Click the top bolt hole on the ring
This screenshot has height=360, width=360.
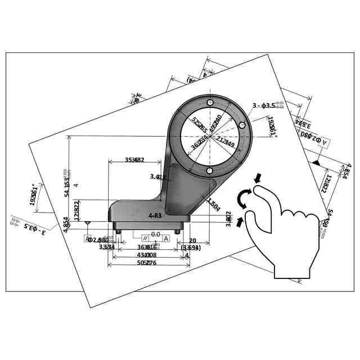coord(210,102)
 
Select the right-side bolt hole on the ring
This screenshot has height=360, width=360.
coord(242,125)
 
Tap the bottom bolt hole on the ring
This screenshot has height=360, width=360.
coord(210,170)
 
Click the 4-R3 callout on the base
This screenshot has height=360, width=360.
coord(155,215)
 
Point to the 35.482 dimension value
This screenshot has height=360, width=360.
coord(134,160)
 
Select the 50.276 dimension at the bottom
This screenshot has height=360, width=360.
coord(148,263)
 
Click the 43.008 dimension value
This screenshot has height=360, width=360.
coord(147,255)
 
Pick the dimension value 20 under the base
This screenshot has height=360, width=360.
coord(192,241)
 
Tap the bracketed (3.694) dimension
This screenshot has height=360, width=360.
coord(191,247)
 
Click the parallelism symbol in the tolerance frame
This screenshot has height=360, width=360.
coord(145,238)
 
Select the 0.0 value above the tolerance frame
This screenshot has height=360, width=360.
coord(155,234)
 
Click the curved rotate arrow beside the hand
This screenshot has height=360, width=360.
coord(244,199)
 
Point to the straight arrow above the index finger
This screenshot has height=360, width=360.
coord(258,178)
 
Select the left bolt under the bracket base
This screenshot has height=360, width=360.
coord(118,230)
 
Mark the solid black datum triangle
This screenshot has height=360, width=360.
coord(316,163)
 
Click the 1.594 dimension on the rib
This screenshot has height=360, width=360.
coord(213,203)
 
